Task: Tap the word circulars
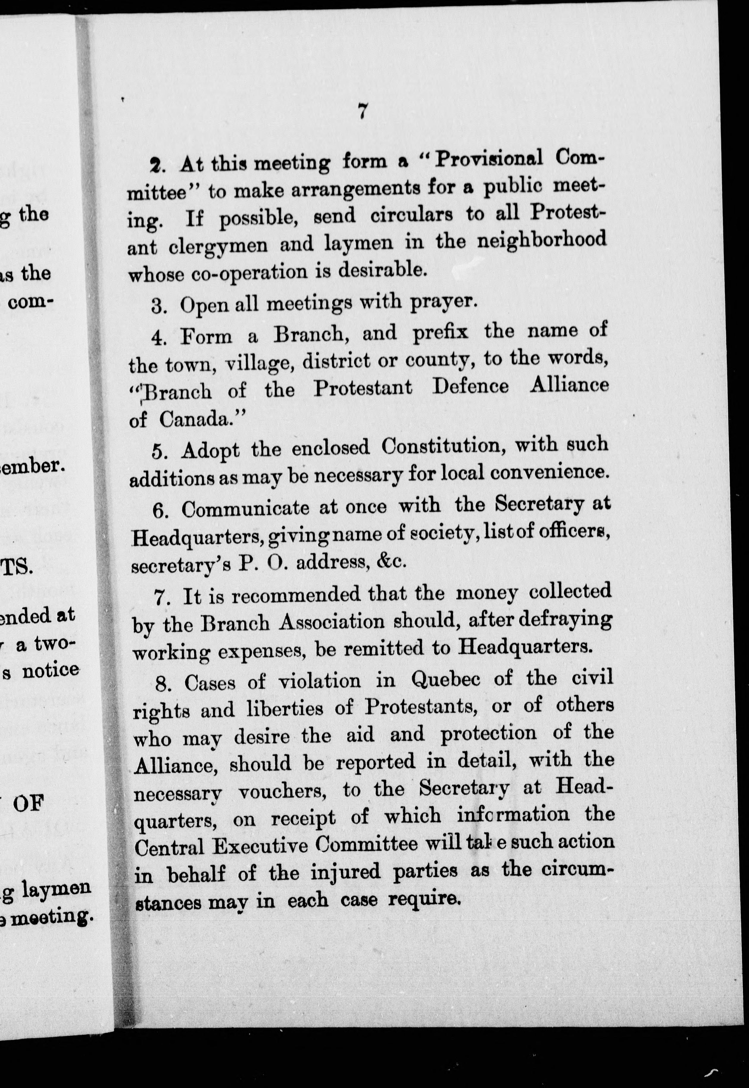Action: [x=412, y=215]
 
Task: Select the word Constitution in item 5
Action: [x=443, y=446]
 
